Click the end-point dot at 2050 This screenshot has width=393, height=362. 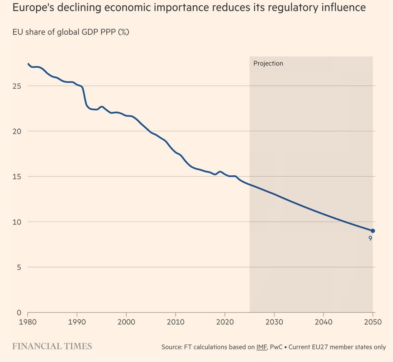click(373, 231)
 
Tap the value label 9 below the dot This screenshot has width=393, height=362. click(370, 239)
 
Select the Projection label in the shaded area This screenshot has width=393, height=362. click(268, 63)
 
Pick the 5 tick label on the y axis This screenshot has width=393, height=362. click(19, 267)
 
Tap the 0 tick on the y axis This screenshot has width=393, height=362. click(19, 313)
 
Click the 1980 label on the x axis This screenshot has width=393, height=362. click(28, 322)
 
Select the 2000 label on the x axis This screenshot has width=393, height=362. click(126, 322)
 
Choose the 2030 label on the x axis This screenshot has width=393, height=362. click(274, 322)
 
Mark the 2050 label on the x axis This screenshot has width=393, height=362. click(373, 322)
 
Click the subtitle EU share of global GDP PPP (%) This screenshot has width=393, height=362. click(71, 32)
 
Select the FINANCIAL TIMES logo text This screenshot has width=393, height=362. click(52, 346)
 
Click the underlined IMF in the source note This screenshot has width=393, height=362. click(262, 347)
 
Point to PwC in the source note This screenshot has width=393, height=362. click(276, 347)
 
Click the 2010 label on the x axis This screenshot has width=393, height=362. click(176, 322)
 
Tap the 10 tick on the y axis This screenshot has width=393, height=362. click(17, 222)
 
